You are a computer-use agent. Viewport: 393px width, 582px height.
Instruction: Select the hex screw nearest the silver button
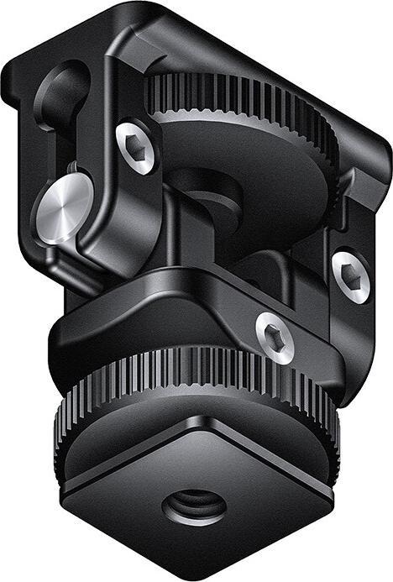click(x=135, y=148)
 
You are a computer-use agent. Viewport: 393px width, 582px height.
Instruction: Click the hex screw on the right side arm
click(x=350, y=275)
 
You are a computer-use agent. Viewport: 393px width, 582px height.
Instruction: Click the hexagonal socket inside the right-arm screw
click(x=350, y=275)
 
